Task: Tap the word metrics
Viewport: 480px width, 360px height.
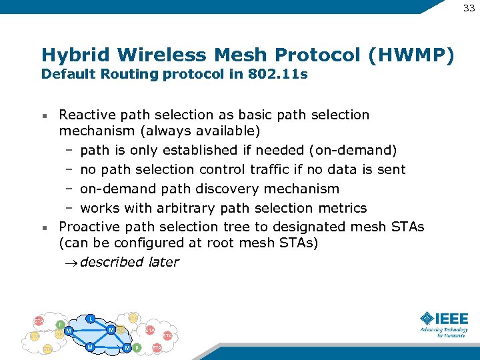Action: [x=340, y=208]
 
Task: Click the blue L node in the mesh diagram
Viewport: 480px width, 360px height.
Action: [x=90, y=317]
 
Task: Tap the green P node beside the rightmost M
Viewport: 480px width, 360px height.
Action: [x=137, y=348]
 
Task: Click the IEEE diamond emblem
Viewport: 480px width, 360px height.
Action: [x=427, y=319]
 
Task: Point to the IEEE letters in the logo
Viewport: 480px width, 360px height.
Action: [x=453, y=319]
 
